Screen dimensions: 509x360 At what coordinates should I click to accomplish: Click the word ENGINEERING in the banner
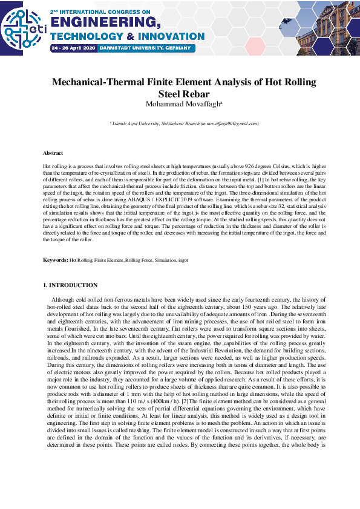tap(106, 23)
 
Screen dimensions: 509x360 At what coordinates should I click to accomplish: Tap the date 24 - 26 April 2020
tap(73, 48)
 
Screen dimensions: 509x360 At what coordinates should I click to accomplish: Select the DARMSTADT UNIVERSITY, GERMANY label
tap(145, 48)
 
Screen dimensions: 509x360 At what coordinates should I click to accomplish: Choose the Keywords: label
tap(55, 260)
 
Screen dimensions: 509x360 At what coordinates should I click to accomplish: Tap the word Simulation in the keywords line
tap(165, 260)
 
